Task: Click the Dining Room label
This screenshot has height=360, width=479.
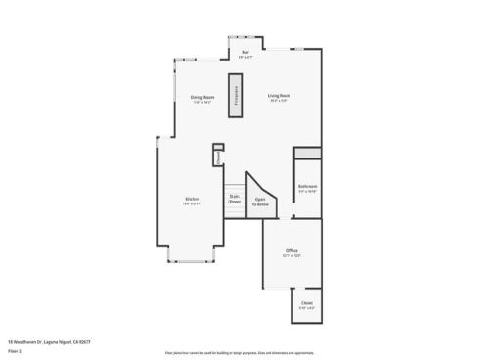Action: click(x=202, y=97)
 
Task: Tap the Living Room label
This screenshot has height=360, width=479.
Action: click(x=281, y=95)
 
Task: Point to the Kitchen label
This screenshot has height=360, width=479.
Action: click(x=193, y=200)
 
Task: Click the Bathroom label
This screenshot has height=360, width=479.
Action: click(x=307, y=186)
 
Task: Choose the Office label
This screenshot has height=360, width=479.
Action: click(x=291, y=250)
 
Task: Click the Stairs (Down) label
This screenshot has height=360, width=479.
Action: click(x=235, y=198)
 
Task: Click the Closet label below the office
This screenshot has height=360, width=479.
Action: click(x=307, y=303)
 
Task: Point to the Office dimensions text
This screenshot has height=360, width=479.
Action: click(x=291, y=256)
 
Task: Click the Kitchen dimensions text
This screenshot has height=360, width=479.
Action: click(x=193, y=204)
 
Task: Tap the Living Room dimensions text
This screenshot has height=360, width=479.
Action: click(x=281, y=100)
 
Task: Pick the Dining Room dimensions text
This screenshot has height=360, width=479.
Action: click(x=202, y=102)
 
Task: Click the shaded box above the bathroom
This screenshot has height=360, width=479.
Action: click(x=308, y=154)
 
